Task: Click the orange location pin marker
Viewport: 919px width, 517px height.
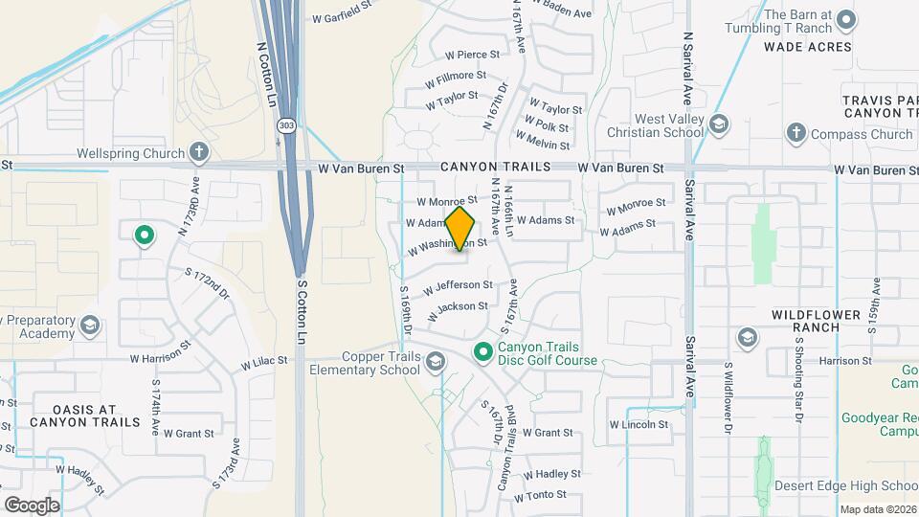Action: coord(459,228)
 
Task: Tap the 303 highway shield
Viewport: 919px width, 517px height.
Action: coord(286,125)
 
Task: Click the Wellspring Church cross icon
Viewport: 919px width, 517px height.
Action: coord(199,151)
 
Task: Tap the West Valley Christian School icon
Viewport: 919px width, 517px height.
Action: coord(719,124)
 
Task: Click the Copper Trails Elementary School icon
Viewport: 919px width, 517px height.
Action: coord(436,360)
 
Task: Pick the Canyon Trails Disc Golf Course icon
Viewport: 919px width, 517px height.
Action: coord(483,352)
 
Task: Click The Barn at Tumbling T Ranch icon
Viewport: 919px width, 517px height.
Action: coord(845,19)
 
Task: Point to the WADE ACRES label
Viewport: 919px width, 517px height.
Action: coord(807,46)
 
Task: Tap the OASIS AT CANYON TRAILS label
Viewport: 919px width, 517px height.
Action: coord(73,415)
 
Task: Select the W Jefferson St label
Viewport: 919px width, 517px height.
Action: coord(457,285)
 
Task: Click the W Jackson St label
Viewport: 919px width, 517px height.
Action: coord(456,307)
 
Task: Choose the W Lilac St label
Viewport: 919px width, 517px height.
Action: coord(262,363)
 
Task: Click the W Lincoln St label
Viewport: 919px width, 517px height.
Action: coord(638,424)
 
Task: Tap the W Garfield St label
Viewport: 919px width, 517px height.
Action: coord(341,17)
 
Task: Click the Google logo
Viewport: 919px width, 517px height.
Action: coord(32,505)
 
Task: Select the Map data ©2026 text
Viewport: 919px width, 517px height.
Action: coord(878,509)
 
